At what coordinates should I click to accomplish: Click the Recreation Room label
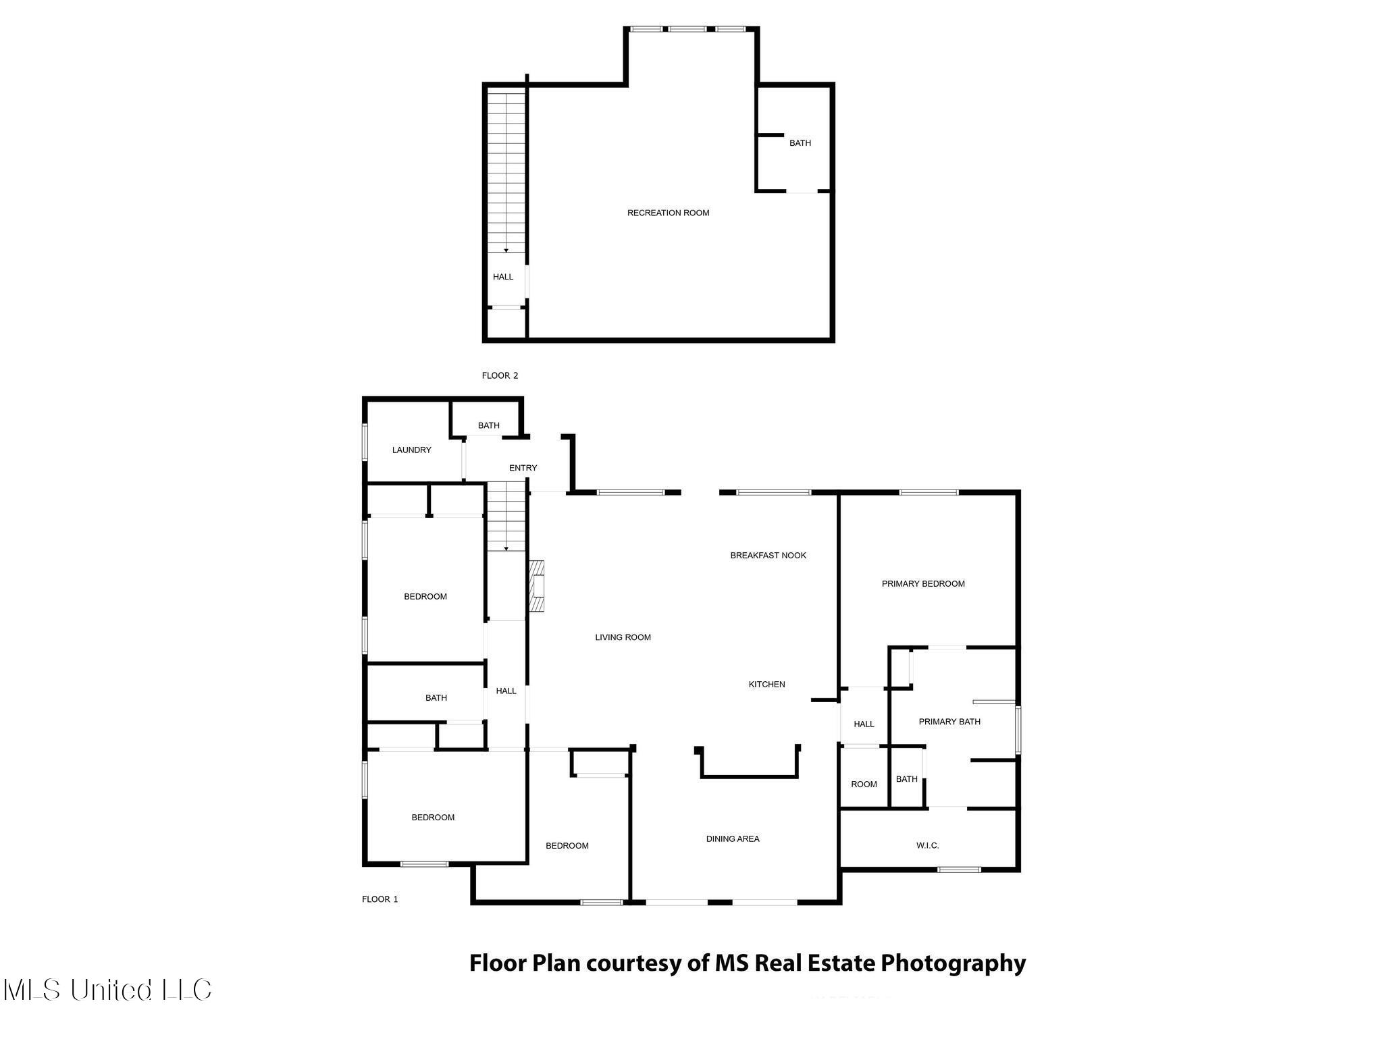(x=668, y=213)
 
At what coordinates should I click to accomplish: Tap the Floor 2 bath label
(x=800, y=143)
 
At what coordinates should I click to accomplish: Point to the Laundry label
(x=411, y=450)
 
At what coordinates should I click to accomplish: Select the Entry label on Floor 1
(x=523, y=468)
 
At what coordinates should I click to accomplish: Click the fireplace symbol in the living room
(x=537, y=586)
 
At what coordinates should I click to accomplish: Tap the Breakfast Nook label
(x=768, y=556)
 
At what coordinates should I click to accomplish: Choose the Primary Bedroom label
(x=923, y=584)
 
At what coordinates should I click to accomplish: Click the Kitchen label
(x=767, y=685)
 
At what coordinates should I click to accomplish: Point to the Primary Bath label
(x=949, y=722)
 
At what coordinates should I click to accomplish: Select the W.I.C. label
(x=928, y=845)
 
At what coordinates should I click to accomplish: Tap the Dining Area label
(x=733, y=839)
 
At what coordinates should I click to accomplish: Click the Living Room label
(x=623, y=637)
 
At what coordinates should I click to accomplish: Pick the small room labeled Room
(x=864, y=785)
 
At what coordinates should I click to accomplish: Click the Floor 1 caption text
(x=380, y=899)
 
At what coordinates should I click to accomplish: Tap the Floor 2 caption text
(x=500, y=375)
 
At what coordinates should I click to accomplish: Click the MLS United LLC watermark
(x=107, y=990)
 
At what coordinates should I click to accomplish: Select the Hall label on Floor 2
(x=503, y=277)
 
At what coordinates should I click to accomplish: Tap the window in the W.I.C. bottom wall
(x=959, y=870)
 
